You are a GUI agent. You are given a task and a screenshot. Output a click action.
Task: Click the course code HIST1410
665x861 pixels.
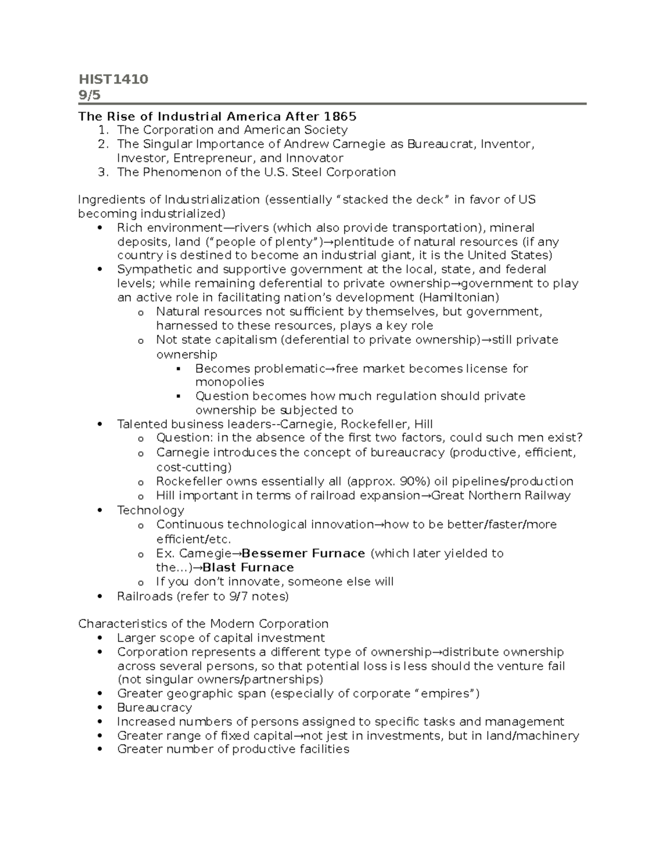[113, 79]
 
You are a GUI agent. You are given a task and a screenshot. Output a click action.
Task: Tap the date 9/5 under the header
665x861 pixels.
[90, 95]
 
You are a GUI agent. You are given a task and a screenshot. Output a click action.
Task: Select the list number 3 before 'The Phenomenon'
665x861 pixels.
[102, 172]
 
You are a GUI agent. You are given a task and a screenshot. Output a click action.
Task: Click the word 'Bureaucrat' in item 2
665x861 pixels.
[441, 144]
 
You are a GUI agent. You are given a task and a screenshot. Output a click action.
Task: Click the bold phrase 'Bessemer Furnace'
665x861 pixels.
[304, 553]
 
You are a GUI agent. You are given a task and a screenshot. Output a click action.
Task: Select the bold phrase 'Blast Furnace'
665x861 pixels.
[248, 567]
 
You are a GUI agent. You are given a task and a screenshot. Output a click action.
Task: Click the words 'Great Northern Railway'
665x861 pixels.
[500, 495]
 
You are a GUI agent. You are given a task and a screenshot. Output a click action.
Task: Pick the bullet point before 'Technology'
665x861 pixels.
[99, 511]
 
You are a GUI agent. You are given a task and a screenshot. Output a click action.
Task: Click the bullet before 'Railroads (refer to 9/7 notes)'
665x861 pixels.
[99, 597]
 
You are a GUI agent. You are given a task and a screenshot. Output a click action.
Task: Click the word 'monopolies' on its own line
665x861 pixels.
[229, 382]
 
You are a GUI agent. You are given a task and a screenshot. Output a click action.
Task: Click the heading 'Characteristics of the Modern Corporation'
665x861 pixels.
[203, 624]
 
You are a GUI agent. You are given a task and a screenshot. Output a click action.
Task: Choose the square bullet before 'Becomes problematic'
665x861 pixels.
[178, 369]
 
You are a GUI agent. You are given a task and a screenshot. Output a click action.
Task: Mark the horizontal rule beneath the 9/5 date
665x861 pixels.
[332, 104]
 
